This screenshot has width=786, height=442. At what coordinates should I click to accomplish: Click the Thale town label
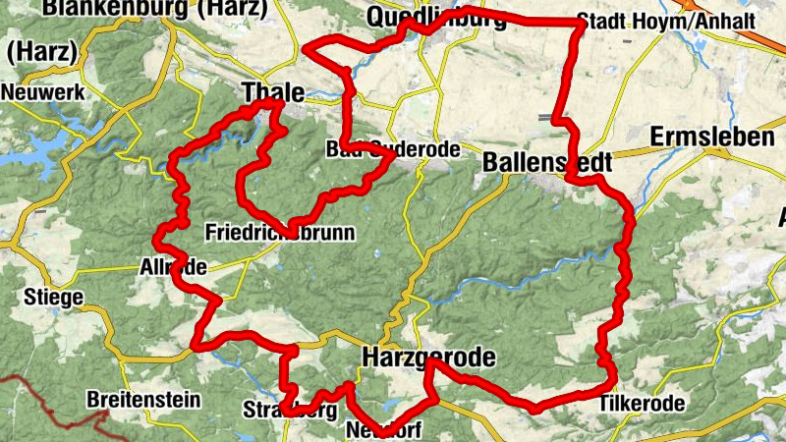point(271,91)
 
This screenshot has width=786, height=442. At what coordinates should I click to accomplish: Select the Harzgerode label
point(427,357)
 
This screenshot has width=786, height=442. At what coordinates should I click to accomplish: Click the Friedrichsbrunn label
point(279,233)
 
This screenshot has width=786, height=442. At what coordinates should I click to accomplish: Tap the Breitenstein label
point(143,400)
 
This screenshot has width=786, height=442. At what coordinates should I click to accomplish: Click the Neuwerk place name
point(44,92)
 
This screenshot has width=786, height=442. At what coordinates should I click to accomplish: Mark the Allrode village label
point(175,267)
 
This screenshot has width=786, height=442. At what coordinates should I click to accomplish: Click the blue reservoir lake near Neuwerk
point(29,147)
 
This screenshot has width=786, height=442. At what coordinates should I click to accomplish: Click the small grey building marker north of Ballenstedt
point(545,117)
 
